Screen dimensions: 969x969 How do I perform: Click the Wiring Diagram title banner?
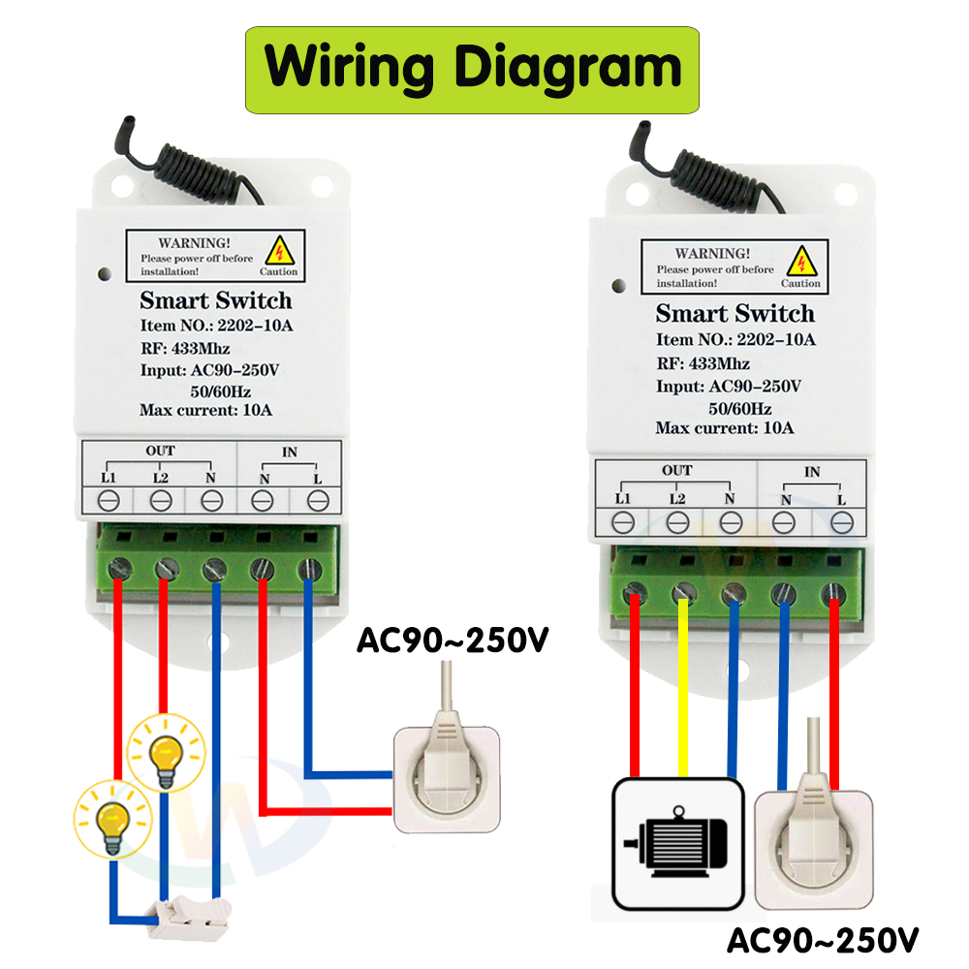pos(472,69)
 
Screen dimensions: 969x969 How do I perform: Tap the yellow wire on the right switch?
pos(684,688)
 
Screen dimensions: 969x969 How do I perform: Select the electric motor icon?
pos(677,843)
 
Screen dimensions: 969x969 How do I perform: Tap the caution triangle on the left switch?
pos(281,251)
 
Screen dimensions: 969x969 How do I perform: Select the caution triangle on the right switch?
pos(801,262)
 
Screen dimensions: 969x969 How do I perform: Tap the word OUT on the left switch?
pos(160,451)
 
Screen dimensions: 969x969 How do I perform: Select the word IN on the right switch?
pos(812,471)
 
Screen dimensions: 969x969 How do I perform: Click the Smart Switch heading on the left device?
pos(215,300)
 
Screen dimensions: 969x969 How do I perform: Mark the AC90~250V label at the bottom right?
pos(823,939)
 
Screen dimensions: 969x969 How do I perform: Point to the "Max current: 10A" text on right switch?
pos(725,427)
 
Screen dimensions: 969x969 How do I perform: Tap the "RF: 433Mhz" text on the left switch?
pos(185,348)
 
